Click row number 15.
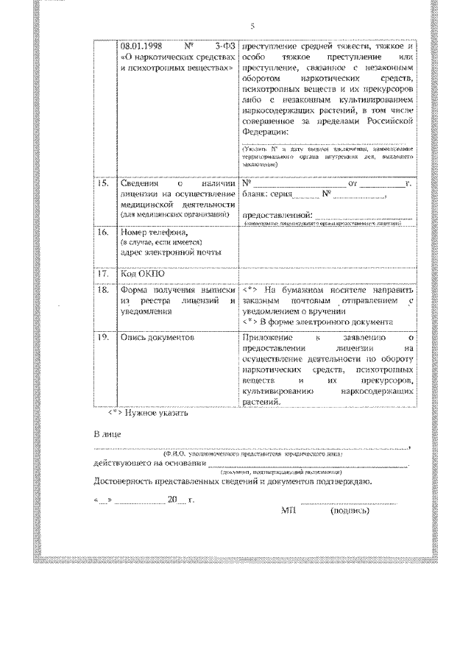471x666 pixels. point(103,183)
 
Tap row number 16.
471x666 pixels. point(103,232)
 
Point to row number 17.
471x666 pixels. point(103,274)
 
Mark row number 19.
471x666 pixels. point(103,338)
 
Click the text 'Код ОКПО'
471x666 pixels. point(142,274)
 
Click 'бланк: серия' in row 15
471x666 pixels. point(266,195)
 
